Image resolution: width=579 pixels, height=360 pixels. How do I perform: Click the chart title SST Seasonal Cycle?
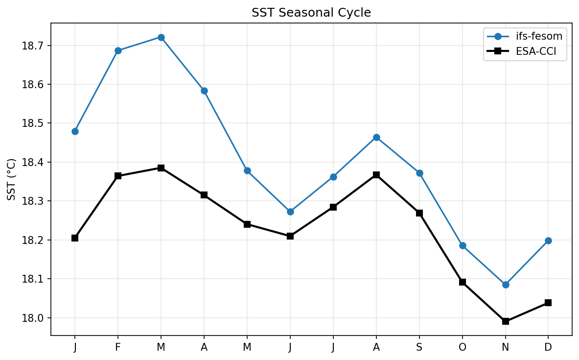click(311, 13)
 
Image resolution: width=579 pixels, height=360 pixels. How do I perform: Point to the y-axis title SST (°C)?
click(12, 179)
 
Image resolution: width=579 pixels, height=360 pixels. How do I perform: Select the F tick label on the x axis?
click(118, 347)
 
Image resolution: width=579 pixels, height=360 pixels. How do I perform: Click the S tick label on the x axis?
click(419, 347)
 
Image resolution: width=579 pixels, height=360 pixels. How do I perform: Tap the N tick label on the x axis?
click(506, 347)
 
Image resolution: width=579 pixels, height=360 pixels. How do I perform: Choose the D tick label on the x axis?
click(548, 347)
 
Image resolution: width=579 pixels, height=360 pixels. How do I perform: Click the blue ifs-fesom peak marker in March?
click(161, 37)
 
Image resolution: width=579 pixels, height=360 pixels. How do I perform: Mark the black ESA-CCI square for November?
click(506, 321)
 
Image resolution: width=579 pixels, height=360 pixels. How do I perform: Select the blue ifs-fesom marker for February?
click(118, 50)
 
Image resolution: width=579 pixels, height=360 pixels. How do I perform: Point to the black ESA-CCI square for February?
click(118, 176)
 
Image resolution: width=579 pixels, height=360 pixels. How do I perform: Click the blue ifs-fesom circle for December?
click(548, 240)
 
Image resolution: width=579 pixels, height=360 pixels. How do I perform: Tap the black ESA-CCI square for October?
click(463, 282)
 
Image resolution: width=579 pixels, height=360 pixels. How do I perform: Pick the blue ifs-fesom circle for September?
click(419, 173)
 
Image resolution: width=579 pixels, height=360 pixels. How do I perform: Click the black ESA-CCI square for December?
click(548, 303)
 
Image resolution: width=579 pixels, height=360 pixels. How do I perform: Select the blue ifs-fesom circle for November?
click(506, 285)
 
